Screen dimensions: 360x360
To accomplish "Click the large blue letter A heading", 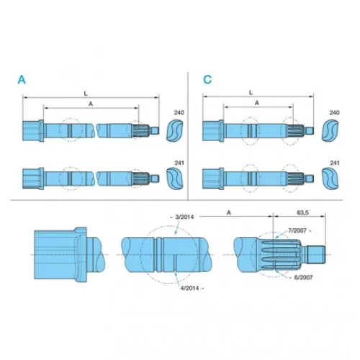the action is click(22, 79).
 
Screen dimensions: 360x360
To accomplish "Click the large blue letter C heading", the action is click(207, 79).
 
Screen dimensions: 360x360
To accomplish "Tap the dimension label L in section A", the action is click(86, 94).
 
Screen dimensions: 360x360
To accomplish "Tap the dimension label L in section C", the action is click(251, 93).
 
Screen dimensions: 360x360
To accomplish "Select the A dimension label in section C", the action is click(257, 103).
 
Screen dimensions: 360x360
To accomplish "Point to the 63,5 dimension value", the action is click(302, 212).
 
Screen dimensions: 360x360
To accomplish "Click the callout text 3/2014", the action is click(184, 217).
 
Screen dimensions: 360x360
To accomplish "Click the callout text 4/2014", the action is click(189, 288).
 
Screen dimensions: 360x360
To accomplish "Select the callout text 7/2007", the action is click(297, 230).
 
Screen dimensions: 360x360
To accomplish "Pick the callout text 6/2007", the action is click(304, 278).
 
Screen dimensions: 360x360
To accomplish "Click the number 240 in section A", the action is click(179, 112).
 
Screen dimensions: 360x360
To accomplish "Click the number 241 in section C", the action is click(335, 163).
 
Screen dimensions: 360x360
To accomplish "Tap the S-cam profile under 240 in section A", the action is click(174, 131).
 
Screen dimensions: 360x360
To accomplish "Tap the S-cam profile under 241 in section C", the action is click(330, 179).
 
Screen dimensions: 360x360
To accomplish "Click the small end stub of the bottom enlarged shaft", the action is click(316, 255).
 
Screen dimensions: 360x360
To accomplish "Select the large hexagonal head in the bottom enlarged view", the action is click(60, 255).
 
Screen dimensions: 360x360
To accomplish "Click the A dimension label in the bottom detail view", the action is click(229, 213).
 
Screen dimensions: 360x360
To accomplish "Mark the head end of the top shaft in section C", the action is click(213, 131).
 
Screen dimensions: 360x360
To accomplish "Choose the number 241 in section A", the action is click(179, 163).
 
